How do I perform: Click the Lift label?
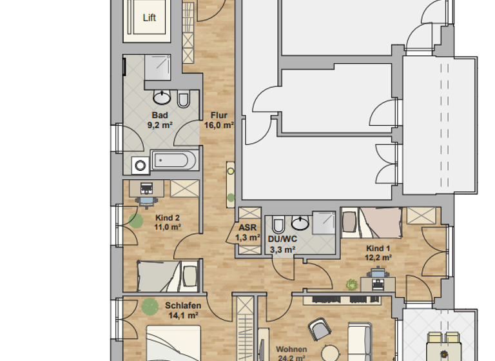(x=149, y=18)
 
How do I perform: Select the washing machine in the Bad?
(x=139, y=165)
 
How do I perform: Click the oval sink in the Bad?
(x=162, y=98)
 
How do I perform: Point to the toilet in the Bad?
(x=183, y=99)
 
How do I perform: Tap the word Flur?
(x=218, y=116)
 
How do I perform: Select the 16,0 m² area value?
(x=218, y=126)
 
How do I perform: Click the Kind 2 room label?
(x=167, y=218)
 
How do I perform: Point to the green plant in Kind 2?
(x=135, y=220)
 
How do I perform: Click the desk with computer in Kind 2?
(x=148, y=189)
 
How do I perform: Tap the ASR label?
(x=248, y=228)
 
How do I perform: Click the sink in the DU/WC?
(x=300, y=223)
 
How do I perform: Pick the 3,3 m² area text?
(x=282, y=249)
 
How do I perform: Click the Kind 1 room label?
(x=378, y=248)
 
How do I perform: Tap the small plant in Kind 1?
(x=351, y=283)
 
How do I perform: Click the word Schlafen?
(x=183, y=306)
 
